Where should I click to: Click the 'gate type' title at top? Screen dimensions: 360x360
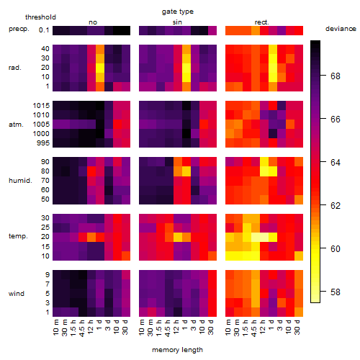(178, 12)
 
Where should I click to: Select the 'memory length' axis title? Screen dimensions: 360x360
(177, 350)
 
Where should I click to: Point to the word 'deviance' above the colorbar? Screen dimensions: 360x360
(341, 29)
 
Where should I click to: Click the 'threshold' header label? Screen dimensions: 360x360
(40, 17)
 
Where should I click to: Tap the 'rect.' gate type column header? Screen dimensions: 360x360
(262, 22)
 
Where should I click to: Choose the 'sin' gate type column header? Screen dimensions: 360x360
(177, 22)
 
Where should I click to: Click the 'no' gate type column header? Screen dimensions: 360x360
(93, 22)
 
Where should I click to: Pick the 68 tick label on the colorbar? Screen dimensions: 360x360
(336, 76)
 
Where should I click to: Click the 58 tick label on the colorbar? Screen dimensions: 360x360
(336, 292)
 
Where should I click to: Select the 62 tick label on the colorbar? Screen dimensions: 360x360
(336, 206)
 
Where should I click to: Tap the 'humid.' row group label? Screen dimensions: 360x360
(20, 181)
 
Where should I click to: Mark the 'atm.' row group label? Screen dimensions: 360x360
(16, 125)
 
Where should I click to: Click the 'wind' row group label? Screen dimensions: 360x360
(17, 294)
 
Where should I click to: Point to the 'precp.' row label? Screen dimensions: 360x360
(19, 29)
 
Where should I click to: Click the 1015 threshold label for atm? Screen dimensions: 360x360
(41, 106)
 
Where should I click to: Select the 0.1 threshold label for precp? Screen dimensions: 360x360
(44, 30)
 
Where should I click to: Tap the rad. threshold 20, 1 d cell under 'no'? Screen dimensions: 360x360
(100, 68)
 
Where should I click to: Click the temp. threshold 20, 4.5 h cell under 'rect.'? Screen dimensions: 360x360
(256, 237)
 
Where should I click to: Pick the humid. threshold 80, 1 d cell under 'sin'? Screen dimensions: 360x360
(186, 171)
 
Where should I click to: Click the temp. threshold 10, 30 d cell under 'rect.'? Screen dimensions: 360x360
(299, 256)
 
